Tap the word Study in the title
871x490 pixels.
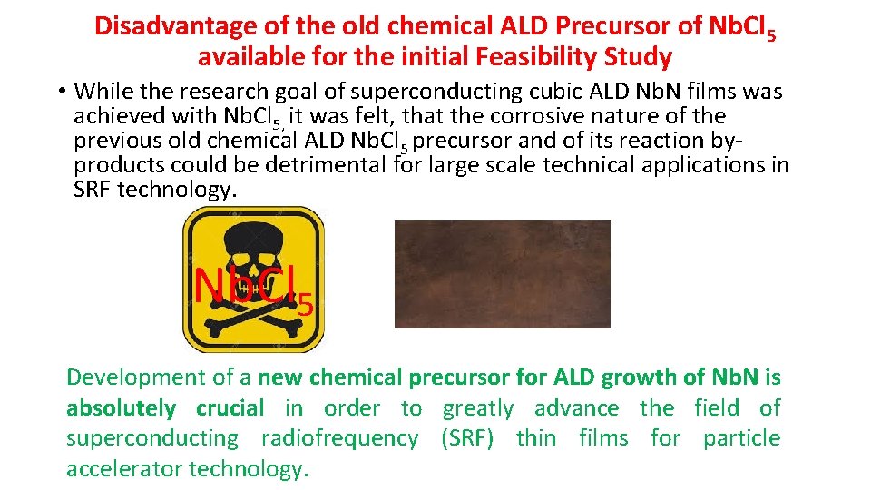[640, 58]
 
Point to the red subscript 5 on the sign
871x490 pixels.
[306, 305]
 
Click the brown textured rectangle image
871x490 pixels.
[502, 274]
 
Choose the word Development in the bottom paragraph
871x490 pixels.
[137, 377]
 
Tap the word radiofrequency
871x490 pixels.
[339, 438]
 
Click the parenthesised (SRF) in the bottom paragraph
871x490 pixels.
[467, 438]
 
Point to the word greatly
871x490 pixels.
[477, 409]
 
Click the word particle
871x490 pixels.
[741, 438]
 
